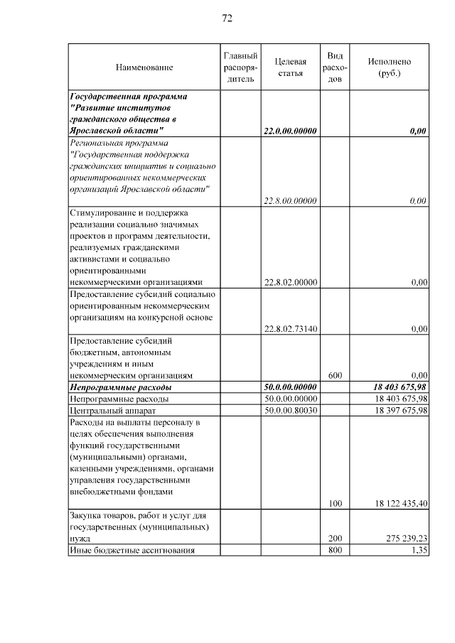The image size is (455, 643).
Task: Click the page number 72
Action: click(227, 18)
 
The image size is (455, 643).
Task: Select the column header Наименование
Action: click(144, 67)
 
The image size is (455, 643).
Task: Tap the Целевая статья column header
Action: click(290, 67)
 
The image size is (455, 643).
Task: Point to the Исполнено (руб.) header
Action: click(389, 67)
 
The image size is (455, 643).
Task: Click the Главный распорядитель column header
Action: click(240, 67)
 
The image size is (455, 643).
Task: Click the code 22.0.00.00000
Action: click(290, 131)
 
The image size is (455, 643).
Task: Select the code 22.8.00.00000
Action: click(290, 201)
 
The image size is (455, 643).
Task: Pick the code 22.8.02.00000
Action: click(290, 283)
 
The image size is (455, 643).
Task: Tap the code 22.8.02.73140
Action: click(290, 329)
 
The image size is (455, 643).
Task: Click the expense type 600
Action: click(336, 375)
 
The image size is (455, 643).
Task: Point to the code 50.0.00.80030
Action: click(290, 411)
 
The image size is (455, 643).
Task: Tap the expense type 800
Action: click(336, 551)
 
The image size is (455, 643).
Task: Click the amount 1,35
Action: click(419, 551)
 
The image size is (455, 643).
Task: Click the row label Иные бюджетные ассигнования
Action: click(131, 551)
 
